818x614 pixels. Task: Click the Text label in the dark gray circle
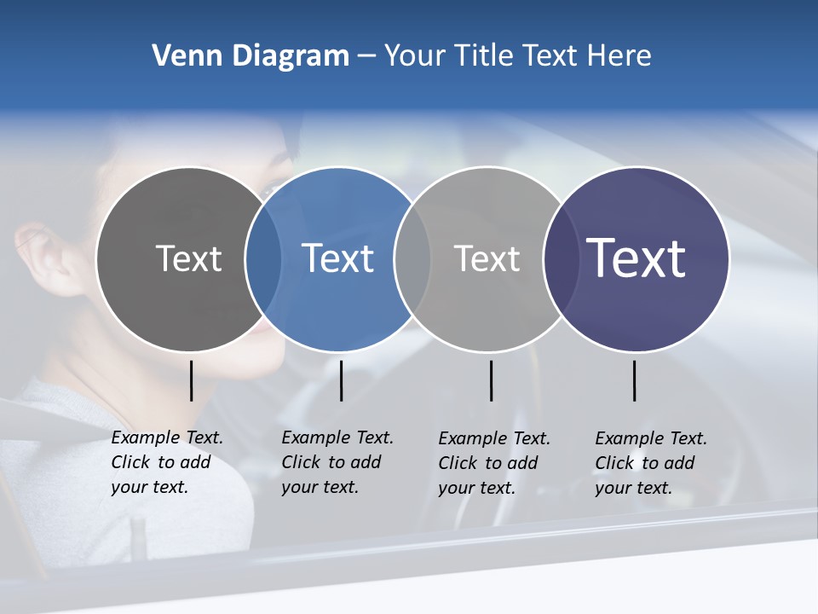tap(188, 258)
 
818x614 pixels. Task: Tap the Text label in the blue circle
tap(338, 258)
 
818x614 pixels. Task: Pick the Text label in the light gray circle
tap(487, 258)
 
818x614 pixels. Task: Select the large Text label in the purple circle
tap(637, 258)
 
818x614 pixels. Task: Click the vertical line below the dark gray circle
tap(192, 380)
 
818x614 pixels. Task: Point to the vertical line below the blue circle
tap(341, 380)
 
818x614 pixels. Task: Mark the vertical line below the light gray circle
tap(491, 380)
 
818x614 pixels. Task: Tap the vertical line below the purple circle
tap(635, 380)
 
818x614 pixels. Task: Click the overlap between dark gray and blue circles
tap(263, 259)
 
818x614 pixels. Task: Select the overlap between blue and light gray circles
tap(412, 259)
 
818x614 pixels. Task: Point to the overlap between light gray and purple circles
tap(562, 259)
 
